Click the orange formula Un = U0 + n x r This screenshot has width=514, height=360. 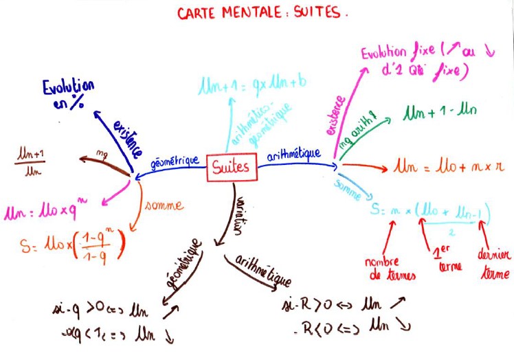[449, 166]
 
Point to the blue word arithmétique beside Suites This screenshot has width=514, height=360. [291, 155]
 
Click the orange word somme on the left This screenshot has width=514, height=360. [164, 205]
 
